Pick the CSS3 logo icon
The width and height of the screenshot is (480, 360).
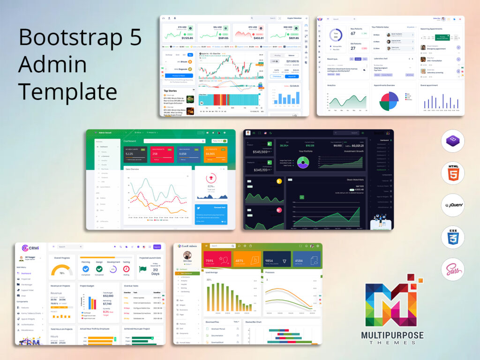click(452, 238)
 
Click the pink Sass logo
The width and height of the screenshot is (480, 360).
click(452, 270)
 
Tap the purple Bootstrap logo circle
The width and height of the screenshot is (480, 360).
click(452, 141)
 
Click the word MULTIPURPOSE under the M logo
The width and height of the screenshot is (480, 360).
click(392, 336)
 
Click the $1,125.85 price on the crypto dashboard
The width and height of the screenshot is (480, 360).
click(180, 38)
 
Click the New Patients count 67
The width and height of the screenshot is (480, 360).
click(353, 34)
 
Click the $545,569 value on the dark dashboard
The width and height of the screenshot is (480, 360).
click(260, 151)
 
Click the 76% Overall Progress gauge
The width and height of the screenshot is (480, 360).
click(62, 271)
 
